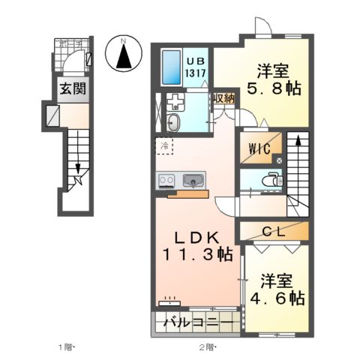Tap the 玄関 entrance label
73,88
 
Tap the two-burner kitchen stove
166,180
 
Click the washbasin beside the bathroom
174,123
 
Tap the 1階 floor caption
66,347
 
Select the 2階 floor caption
206,347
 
